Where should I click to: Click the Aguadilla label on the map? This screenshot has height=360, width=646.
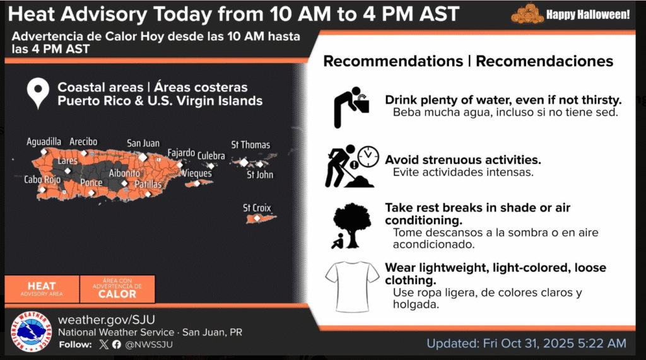click(44, 142)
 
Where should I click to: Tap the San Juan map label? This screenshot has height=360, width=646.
click(143, 143)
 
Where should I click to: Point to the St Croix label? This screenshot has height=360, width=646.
click(257, 208)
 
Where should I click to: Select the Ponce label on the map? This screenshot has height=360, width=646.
click(91, 182)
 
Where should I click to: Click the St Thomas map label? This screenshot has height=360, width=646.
click(250, 145)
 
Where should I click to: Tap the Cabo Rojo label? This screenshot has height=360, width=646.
click(42, 180)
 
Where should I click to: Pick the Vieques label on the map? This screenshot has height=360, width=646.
click(197, 173)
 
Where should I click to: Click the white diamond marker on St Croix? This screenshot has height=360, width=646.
click(257, 218)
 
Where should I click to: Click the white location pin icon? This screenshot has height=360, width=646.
click(38, 93)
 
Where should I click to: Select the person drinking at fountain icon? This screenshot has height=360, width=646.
click(351, 107)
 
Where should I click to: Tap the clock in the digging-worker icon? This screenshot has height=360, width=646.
click(368, 156)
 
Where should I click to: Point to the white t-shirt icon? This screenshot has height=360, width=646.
click(352, 287)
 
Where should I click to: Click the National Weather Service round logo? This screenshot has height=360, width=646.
click(32, 332)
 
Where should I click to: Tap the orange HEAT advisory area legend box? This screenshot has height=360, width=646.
click(42, 289)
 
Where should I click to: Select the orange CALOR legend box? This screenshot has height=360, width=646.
click(117, 289)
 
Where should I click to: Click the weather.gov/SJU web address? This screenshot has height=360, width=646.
click(106, 320)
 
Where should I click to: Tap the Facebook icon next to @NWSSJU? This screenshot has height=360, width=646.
click(117, 344)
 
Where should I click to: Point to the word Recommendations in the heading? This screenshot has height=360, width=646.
click(393, 61)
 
